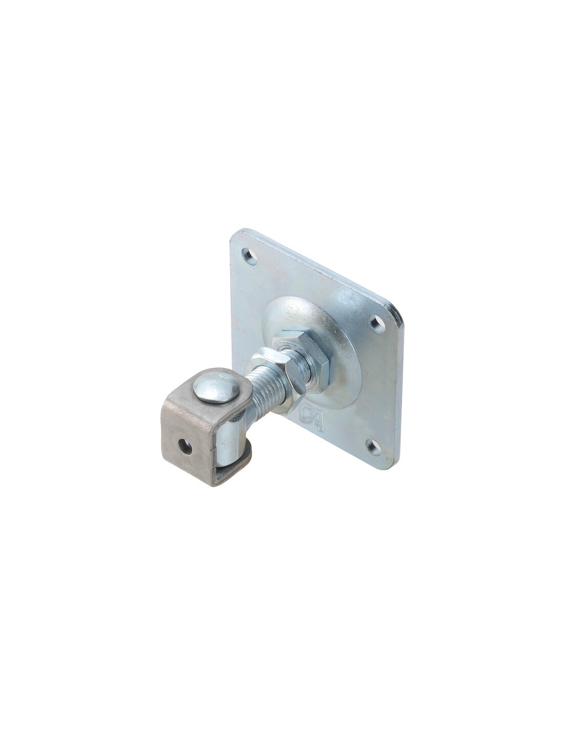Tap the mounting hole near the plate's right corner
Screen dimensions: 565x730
[x=376, y=322]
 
